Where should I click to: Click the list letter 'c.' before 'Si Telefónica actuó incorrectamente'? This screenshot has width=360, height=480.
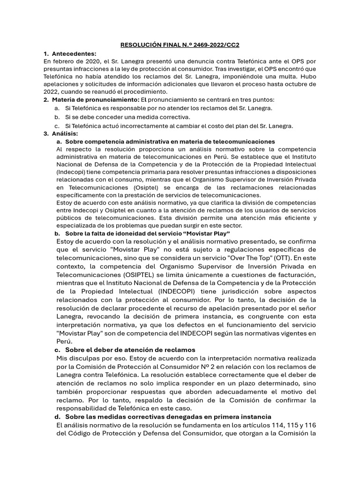57,126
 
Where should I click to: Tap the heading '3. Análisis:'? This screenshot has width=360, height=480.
61,134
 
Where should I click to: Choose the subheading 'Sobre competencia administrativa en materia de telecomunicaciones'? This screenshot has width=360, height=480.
170,142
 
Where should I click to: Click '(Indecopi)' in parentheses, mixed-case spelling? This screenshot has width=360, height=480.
70,172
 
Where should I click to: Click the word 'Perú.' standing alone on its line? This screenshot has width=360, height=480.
65,342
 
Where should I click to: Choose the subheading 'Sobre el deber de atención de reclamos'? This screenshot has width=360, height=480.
130,350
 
